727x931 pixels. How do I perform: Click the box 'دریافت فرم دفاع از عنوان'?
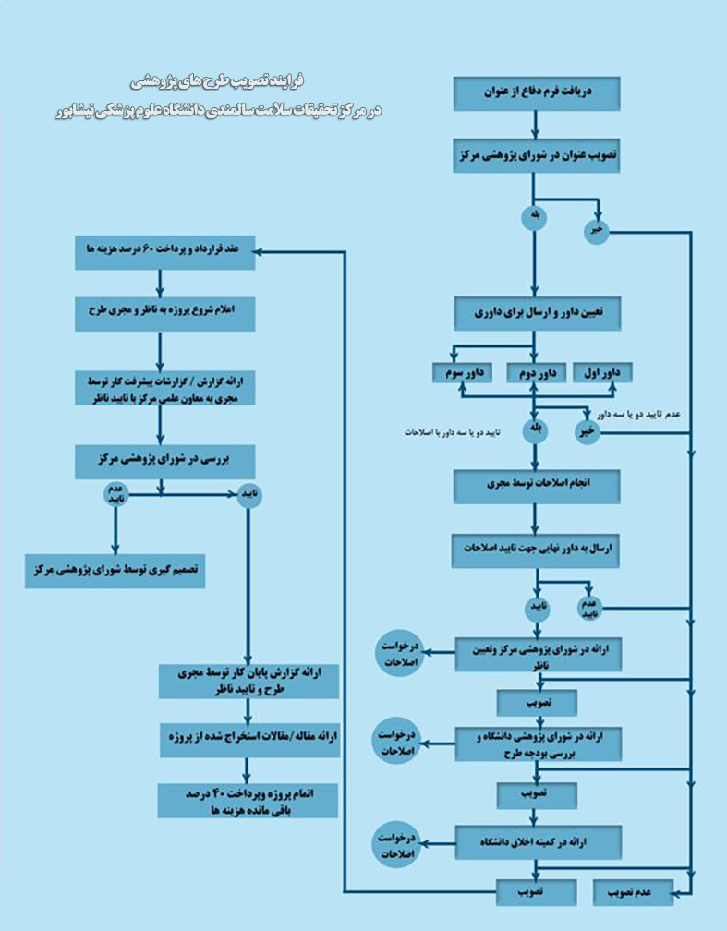tap(537, 92)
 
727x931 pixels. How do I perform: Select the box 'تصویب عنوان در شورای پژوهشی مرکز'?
tap(537, 157)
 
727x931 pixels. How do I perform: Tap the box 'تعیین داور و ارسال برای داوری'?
tap(537, 312)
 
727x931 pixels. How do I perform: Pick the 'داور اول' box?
tap(602, 373)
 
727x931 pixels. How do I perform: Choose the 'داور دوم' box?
tap(537, 373)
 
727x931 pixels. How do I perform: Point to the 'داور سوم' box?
tap(463, 373)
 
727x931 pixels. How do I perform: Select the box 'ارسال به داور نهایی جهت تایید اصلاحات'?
tap(537, 549)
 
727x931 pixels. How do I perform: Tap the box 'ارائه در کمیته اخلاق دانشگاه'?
tap(537, 842)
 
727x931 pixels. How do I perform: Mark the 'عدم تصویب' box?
tap(632, 891)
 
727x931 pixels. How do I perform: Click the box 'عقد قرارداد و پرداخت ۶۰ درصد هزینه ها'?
tap(164, 251)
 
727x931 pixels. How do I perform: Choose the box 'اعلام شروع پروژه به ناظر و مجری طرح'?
tap(164, 313)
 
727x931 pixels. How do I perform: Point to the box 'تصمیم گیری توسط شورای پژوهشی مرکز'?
tap(115, 572)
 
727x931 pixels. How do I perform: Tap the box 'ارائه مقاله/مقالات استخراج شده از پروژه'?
tap(243, 739)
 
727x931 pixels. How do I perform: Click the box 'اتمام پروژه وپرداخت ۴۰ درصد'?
tap(243, 801)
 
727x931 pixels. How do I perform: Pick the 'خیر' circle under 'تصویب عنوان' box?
tap(597, 231)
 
